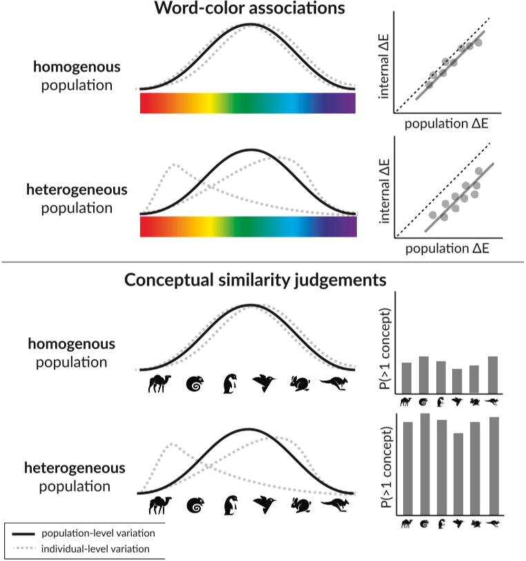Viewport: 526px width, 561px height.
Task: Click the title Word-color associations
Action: point(250,10)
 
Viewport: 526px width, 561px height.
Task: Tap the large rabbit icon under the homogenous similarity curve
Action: point(300,384)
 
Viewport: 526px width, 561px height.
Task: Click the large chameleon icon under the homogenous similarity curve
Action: point(195,384)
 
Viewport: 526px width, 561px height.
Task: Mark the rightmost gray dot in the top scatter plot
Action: point(478,43)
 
